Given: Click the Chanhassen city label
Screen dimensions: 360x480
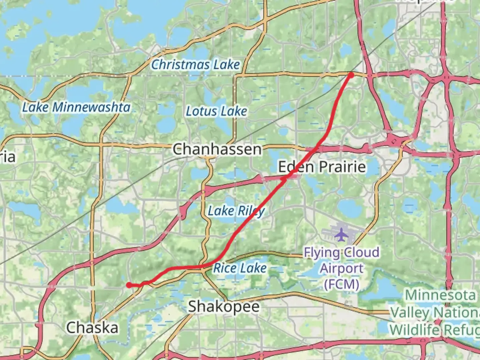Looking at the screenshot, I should [x=217, y=149].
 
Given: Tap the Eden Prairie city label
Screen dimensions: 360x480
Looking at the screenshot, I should [x=322, y=167].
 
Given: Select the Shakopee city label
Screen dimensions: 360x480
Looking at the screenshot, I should [x=224, y=306].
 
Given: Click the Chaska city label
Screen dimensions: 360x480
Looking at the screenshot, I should [x=92, y=328].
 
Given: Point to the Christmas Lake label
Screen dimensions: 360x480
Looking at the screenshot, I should [x=195, y=64].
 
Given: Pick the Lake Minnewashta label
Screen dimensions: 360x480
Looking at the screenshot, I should [x=76, y=107].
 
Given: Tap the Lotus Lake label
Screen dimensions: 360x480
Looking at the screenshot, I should [x=216, y=111].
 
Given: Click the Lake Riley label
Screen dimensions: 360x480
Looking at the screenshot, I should [x=236, y=211].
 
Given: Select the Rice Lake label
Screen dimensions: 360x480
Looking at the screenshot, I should [x=240, y=268].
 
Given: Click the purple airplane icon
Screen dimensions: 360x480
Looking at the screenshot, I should [x=341, y=234].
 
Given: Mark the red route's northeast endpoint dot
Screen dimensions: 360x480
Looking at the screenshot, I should [x=351, y=75].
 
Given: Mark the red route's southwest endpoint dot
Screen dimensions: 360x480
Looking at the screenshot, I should [x=129, y=285].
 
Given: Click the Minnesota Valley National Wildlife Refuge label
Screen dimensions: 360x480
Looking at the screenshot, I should [x=435, y=313].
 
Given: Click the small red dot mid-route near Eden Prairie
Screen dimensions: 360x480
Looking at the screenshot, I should [x=283, y=179].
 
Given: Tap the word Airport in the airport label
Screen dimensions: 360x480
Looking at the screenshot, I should [x=341, y=268].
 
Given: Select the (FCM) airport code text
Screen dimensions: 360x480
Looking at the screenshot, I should [x=341, y=284].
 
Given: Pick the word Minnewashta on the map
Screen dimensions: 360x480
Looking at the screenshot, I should [x=91, y=107].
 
